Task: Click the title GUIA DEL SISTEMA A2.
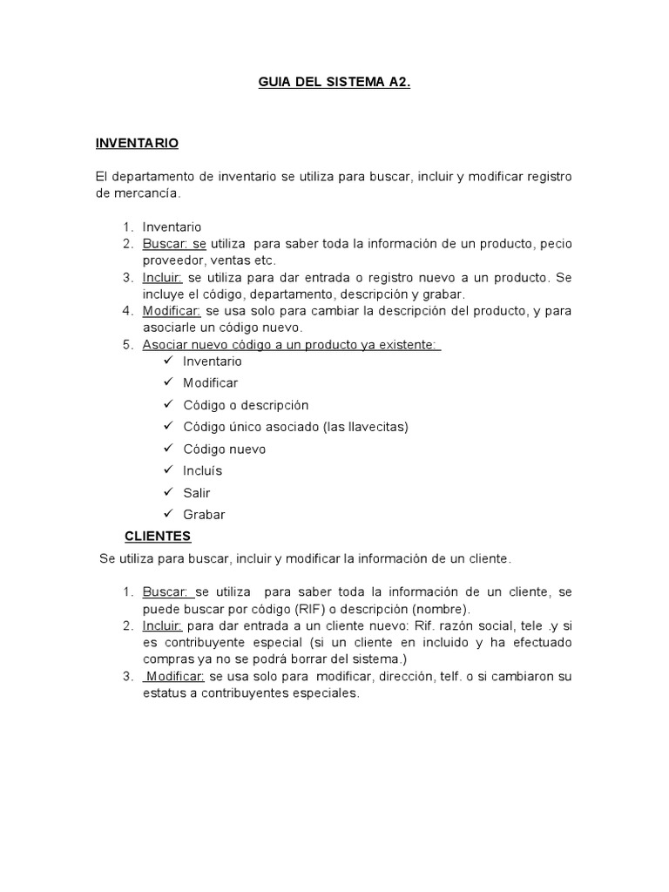click(334, 84)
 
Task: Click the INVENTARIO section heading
click(138, 142)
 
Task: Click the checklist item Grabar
click(204, 515)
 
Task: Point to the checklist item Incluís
click(203, 471)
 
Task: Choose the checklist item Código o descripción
click(246, 405)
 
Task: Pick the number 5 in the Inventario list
click(127, 345)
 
